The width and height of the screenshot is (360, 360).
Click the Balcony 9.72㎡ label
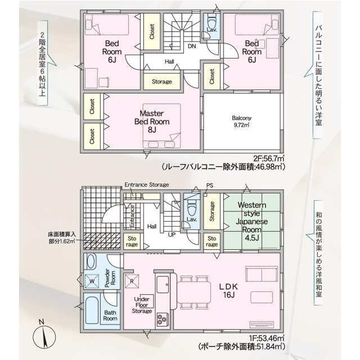point(241,121)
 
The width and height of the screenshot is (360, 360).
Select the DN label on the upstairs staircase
point(192,46)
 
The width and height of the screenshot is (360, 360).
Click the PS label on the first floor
point(210,185)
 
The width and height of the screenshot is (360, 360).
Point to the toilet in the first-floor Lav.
point(191,208)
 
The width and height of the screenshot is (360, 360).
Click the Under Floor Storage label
point(142,305)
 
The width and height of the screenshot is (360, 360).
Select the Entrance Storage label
point(147,184)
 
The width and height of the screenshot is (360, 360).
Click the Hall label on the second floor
point(169,62)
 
